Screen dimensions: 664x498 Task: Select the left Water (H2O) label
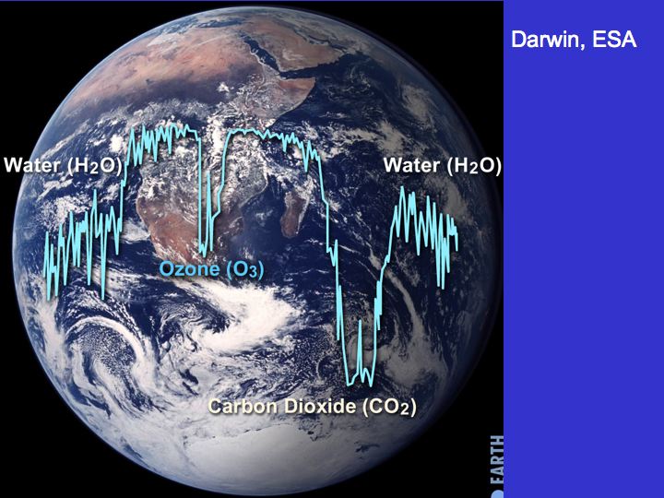[63, 165]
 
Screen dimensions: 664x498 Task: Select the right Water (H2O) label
[443, 165]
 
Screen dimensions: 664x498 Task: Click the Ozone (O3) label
[212, 269]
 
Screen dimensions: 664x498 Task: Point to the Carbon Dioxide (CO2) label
[313, 407]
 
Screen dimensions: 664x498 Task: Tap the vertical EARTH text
[497, 460]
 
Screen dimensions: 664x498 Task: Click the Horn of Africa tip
[314, 79]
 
